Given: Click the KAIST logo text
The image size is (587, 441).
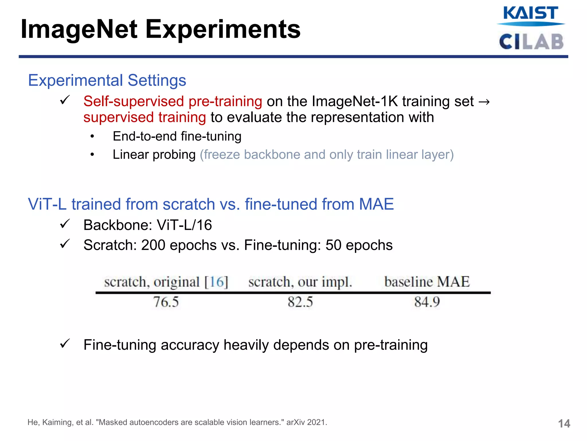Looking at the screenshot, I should [x=531, y=13].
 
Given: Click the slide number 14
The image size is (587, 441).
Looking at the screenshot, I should [x=564, y=423].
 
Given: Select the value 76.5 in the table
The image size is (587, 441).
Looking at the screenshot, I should [x=166, y=302].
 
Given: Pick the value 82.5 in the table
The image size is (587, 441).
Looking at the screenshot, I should [x=300, y=302].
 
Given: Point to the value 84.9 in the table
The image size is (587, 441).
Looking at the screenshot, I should [x=427, y=302].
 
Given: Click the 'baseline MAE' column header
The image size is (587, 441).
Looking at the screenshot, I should [x=427, y=282].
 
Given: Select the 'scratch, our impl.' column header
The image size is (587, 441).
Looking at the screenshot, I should [x=300, y=282].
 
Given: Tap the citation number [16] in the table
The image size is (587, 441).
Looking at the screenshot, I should [x=216, y=282].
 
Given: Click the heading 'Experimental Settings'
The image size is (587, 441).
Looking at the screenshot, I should [x=107, y=80].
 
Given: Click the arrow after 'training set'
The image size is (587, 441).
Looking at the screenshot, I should [x=484, y=102].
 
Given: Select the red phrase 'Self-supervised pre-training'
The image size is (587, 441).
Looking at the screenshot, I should [x=173, y=101].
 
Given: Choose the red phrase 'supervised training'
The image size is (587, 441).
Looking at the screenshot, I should [x=144, y=117].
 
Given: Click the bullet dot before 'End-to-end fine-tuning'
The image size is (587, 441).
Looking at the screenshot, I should [x=92, y=137].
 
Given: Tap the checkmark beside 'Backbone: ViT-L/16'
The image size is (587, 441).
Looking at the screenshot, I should [x=65, y=224].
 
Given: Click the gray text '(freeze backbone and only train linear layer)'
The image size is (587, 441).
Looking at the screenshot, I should [x=326, y=155].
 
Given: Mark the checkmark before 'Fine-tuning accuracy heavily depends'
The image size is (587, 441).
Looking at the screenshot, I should [x=65, y=343].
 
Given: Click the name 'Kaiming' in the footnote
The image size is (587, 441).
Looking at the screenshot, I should [x=58, y=422].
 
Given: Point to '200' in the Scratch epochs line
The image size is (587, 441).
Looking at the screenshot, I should [x=153, y=245].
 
